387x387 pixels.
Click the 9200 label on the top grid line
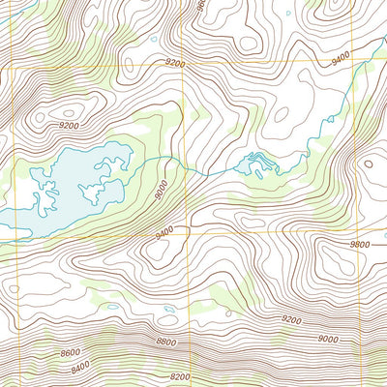click(174, 62)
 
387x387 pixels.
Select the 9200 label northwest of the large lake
click(68, 126)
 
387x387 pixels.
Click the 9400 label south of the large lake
click(164, 232)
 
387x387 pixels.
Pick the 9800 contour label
click(360, 245)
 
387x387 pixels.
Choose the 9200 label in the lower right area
click(291, 318)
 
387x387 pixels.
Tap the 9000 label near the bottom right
click(328, 338)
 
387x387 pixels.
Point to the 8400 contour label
click(78, 365)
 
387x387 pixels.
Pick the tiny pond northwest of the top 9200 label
click(153, 40)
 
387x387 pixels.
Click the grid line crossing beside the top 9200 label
click(191, 62)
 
